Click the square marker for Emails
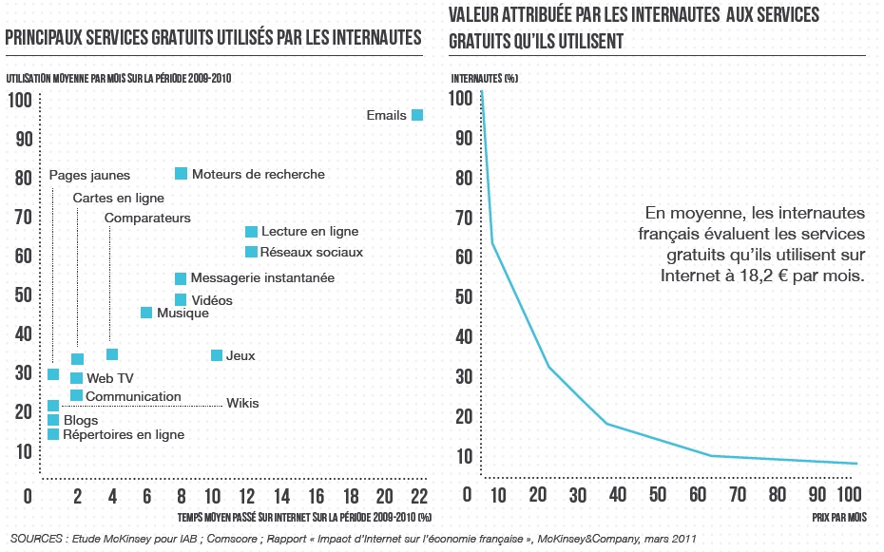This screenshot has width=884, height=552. click(x=416, y=115)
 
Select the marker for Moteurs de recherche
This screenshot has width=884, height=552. click(x=181, y=174)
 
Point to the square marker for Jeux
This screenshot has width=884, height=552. click(x=217, y=355)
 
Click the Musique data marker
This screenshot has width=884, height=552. click(x=146, y=313)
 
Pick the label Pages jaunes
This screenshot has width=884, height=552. click(x=89, y=175)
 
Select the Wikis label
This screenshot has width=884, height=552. click(x=242, y=403)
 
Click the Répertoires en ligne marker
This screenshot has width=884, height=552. click(x=53, y=434)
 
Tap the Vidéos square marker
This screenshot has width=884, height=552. click(x=181, y=300)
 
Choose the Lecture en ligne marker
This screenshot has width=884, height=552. click(x=251, y=231)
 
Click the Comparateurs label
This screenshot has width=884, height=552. click(x=147, y=218)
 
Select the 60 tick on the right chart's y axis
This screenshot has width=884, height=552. click(x=461, y=257)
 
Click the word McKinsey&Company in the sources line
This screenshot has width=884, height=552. click(x=587, y=539)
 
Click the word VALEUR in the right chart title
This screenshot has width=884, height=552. click(x=476, y=16)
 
